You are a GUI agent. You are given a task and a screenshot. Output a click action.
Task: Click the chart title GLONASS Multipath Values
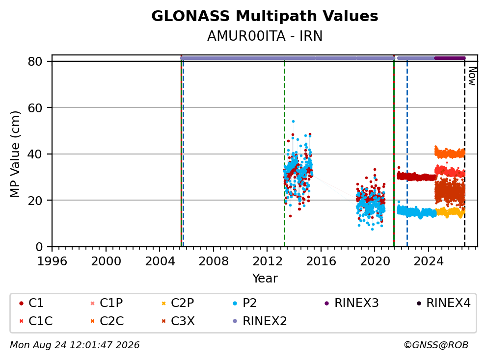click(x=265, y=16)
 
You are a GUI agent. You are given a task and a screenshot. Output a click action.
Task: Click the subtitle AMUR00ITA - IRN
click(x=265, y=36)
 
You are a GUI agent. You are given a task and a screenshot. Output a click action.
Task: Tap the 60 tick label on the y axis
click(x=35, y=108)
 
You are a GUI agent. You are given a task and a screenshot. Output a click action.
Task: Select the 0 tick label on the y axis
click(x=39, y=247)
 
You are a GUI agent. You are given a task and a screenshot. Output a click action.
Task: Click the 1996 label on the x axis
click(x=52, y=261)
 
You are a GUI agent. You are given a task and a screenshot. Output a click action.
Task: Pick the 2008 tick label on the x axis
click(x=214, y=261)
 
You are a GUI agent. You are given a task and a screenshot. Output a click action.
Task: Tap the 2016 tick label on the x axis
click(x=321, y=261)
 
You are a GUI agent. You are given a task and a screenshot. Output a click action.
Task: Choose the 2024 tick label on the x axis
click(x=428, y=261)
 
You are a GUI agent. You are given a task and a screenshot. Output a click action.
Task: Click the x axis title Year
click(x=265, y=279)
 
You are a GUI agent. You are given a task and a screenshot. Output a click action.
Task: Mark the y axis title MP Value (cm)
click(x=15, y=154)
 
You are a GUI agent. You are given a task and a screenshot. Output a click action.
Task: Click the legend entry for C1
click(x=32, y=303)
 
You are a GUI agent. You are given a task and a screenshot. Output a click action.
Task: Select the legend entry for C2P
click(x=178, y=303)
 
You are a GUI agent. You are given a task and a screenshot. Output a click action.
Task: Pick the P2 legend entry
click(x=245, y=303)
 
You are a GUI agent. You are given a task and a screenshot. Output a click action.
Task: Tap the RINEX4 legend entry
click(x=444, y=303)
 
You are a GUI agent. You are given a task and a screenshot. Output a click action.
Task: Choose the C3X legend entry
click(x=178, y=321)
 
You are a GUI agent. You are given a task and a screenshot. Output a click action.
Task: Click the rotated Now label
click(x=472, y=77)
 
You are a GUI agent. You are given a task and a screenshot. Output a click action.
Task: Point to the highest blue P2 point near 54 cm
click(x=293, y=122)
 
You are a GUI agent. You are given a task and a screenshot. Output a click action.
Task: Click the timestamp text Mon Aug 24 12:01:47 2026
click(x=75, y=345)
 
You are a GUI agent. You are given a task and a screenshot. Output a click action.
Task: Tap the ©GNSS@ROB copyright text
click(x=436, y=345)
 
